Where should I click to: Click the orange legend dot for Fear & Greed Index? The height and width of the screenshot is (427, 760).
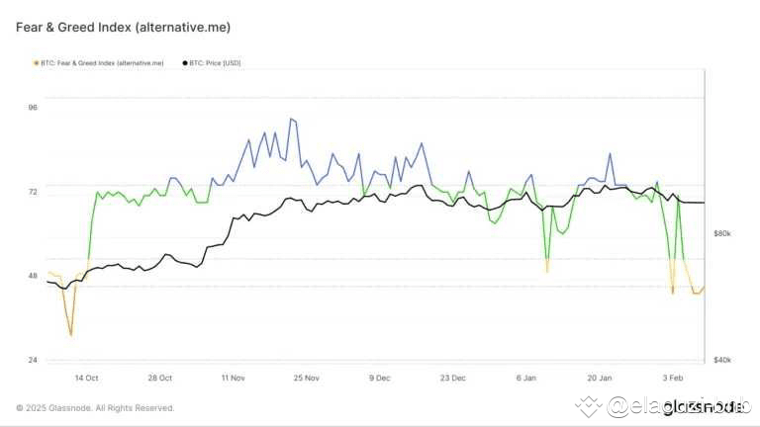point(37,63)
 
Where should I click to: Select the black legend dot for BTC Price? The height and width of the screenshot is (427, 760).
point(185,63)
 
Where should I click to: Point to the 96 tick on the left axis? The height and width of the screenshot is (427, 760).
point(32,107)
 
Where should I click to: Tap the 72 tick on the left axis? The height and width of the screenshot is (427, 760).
point(32,191)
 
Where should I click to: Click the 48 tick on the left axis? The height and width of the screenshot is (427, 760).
point(32,276)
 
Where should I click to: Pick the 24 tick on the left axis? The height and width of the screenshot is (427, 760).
point(32,360)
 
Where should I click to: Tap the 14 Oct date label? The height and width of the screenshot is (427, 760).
point(86,378)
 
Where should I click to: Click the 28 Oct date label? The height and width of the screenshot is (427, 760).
point(159,378)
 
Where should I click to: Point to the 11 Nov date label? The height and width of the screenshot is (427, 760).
point(234,378)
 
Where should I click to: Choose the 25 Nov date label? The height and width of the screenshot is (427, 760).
point(307,378)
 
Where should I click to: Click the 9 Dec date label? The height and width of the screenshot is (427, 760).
point(380,378)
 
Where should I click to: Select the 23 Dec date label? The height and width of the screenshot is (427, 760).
point(453,378)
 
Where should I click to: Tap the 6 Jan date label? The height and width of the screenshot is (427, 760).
point(525,378)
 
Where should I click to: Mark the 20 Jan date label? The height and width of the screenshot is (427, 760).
point(599,378)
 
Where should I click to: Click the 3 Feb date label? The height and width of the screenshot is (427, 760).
point(672,378)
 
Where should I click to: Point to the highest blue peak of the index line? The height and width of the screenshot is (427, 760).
point(291,119)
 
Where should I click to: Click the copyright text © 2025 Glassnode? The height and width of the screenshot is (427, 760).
point(95,407)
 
